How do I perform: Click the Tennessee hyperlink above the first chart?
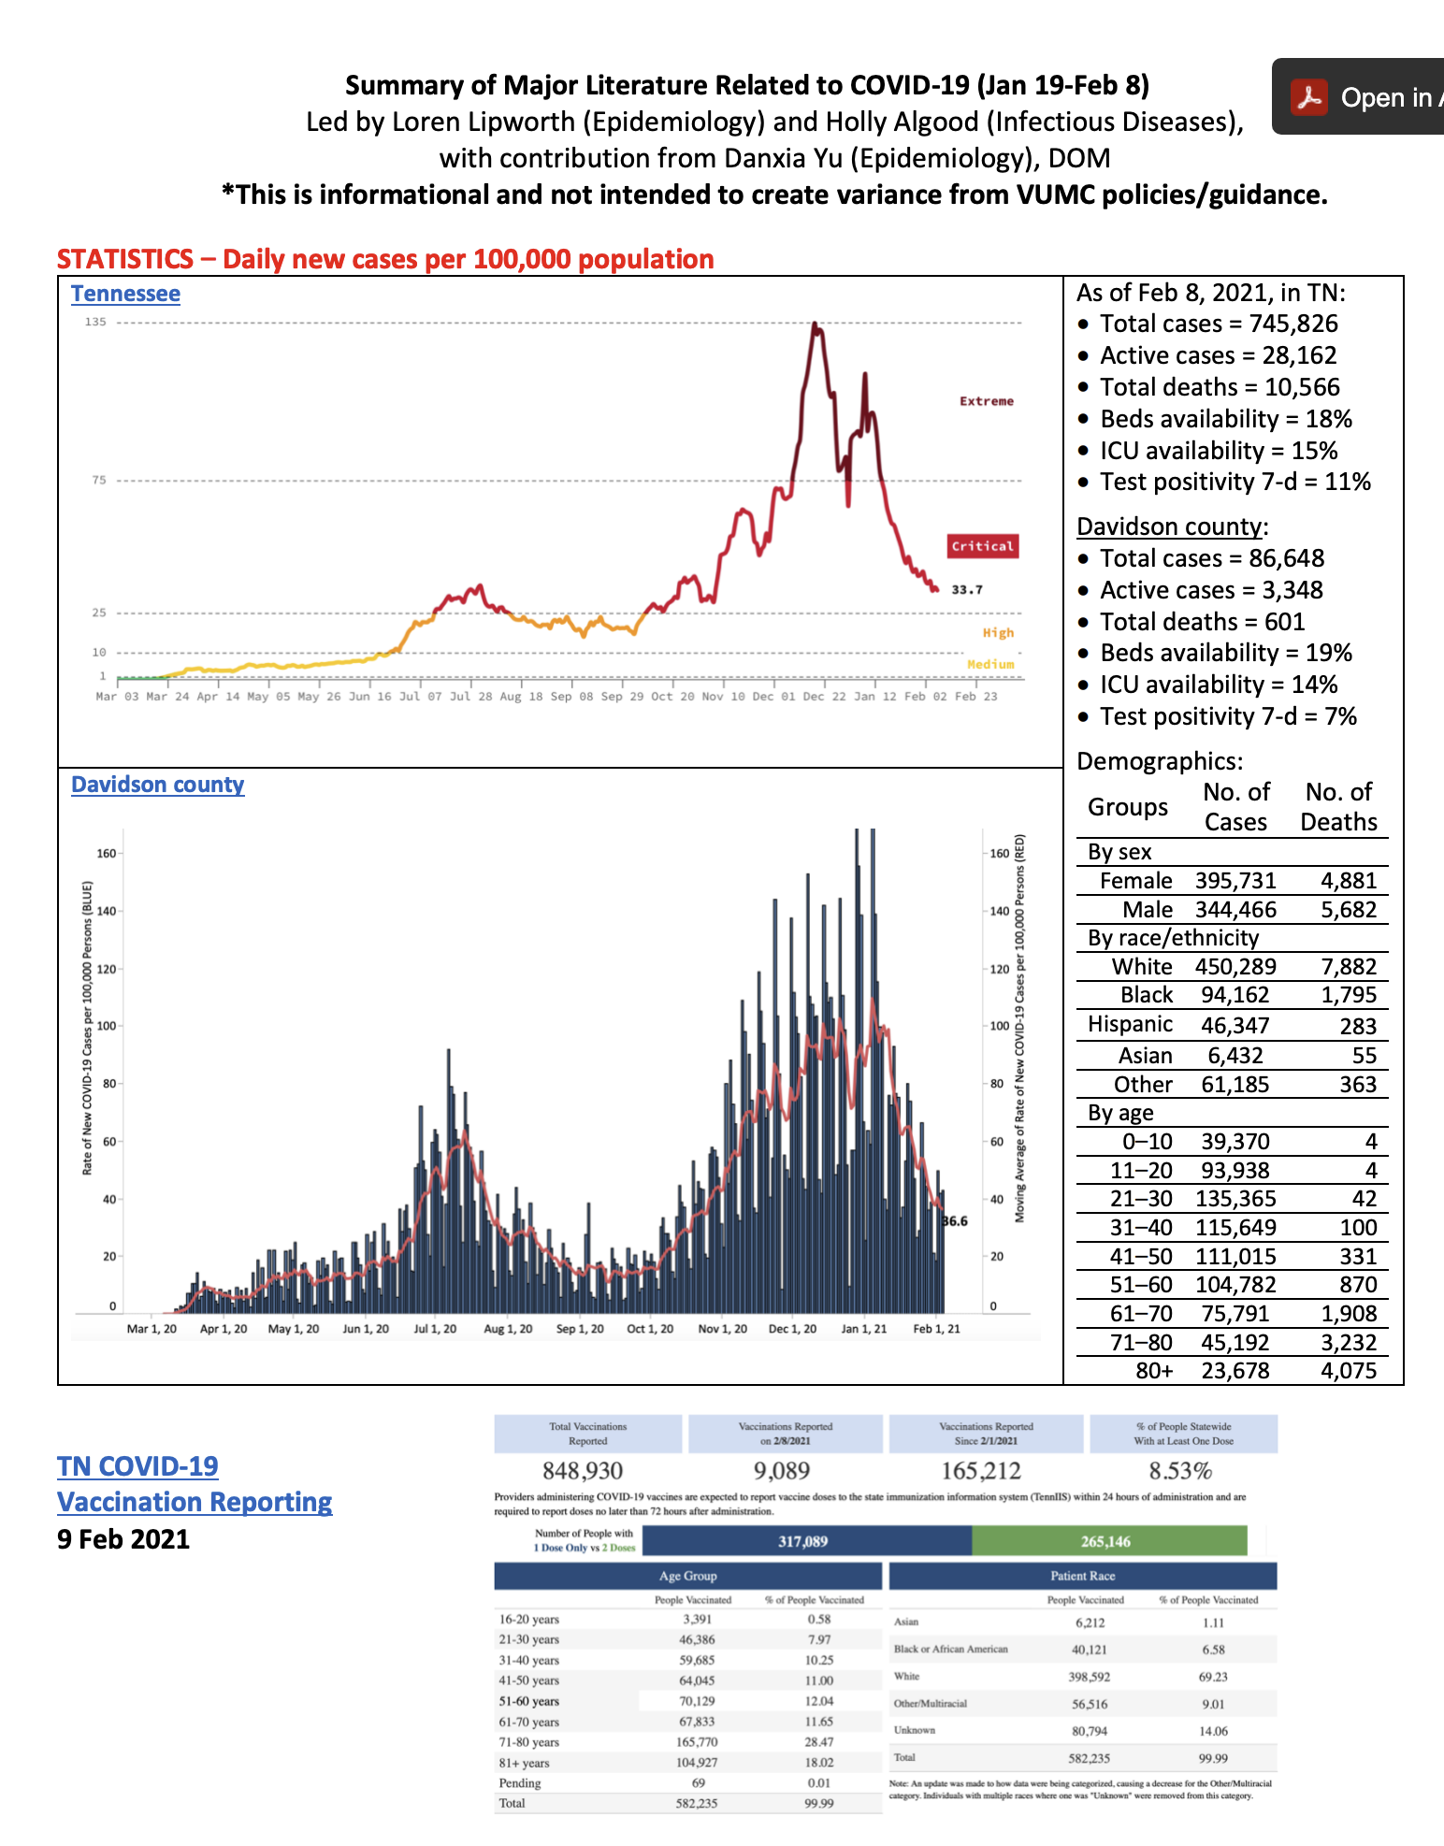(125, 294)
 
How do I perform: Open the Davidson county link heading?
(157, 785)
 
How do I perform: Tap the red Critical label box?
(982, 546)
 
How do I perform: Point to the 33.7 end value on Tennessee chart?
(967, 590)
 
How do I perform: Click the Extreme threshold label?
(986, 401)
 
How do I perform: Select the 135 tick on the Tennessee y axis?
(95, 322)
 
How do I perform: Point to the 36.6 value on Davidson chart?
(955, 1221)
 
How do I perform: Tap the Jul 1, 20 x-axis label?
(435, 1329)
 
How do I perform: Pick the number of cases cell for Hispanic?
(1235, 1025)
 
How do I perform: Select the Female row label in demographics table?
(1135, 881)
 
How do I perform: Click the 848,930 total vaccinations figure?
(583, 1471)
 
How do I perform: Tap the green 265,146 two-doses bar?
(1108, 1541)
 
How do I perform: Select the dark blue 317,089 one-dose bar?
(804, 1541)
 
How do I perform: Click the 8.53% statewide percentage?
(1180, 1471)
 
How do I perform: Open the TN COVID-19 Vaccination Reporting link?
(194, 1484)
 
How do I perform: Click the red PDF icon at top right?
(1308, 97)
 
